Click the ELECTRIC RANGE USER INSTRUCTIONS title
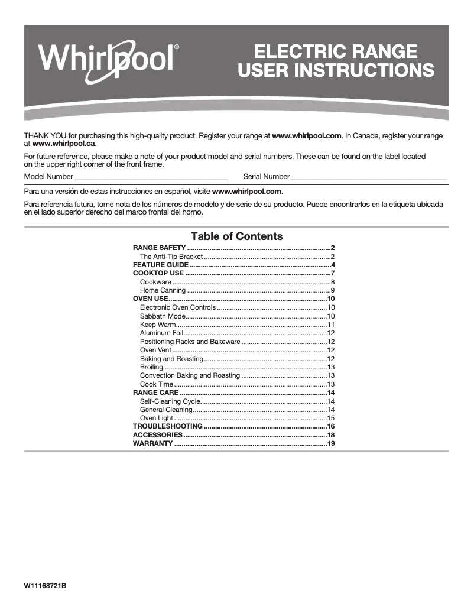[x=336, y=61]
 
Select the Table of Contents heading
[x=236, y=236]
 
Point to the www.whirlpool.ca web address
[x=64, y=144]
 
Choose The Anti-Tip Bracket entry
[x=171, y=257]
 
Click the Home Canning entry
[x=163, y=290]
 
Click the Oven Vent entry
[x=156, y=350]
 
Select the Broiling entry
[x=152, y=367]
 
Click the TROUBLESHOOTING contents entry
[x=168, y=426]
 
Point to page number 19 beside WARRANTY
[x=331, y=443]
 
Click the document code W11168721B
[x=45, y=585]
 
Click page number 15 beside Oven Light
[x=331, y=418]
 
